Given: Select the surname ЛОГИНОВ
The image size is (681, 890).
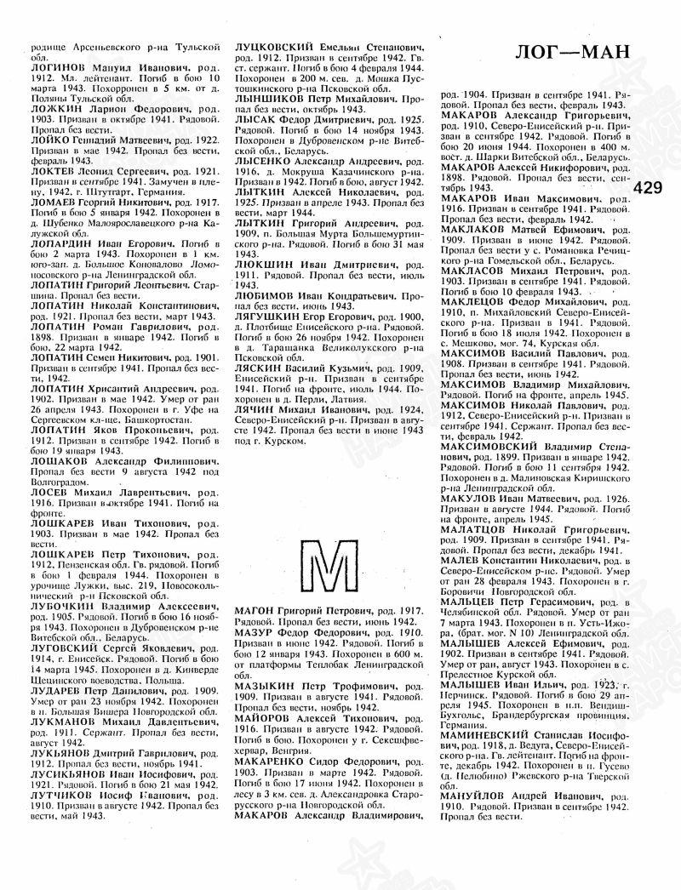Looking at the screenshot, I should [x=57, y=66].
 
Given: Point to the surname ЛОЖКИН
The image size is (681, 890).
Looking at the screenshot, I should [x=54, y=110].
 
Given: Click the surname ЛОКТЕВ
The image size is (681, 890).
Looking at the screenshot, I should [x=54, y=171].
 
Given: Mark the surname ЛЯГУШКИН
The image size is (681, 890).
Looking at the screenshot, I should [x=272, y=316].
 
